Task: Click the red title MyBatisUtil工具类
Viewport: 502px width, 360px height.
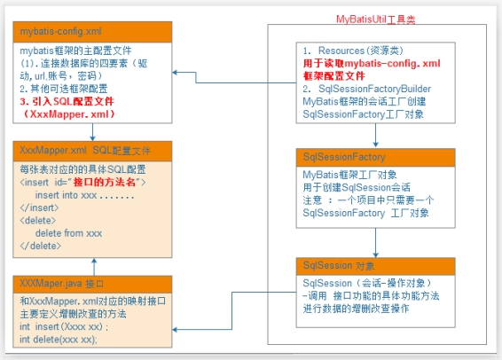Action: (x=375, y=20)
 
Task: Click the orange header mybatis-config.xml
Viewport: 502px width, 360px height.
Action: (x=92, y=32)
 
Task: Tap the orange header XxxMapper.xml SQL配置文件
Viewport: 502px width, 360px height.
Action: (x=92, y=151)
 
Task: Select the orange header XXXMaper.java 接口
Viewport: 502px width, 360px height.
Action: (x=92, y=284)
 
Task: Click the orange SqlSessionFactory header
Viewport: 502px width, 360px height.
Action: (x=375, y=157)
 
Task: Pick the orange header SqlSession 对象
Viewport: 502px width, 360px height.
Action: (x=375, y=266)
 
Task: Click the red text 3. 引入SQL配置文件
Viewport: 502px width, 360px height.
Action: (x=67, y=101)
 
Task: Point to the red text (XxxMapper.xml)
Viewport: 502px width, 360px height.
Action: (x=69, y=114)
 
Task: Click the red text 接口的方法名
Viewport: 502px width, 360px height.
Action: (x=105, y=182)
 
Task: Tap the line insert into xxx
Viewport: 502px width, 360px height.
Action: (x=85, y=195)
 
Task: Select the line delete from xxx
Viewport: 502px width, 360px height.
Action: (x=68, y=233)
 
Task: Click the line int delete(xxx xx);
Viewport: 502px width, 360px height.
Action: (x=59, y=340)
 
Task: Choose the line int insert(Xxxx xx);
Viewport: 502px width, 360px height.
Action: (x=64, y=326)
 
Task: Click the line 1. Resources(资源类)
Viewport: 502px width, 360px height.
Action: (x=353, y=51)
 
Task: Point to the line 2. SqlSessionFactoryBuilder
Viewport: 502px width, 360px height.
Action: (x=367, y=89)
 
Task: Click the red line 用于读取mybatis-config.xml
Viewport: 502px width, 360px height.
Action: (x=372, y=63)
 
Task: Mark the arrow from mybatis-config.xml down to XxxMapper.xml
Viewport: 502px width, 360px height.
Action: (x=92, y=132)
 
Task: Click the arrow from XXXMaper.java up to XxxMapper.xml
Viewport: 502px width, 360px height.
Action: (x=94, y=267)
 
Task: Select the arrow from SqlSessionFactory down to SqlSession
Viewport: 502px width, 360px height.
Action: (x=375, y=243)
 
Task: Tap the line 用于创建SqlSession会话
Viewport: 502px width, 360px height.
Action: (x=357, y=187)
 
